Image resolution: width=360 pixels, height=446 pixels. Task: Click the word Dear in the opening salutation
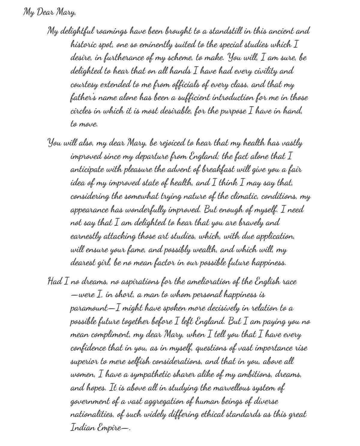(46, 13)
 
